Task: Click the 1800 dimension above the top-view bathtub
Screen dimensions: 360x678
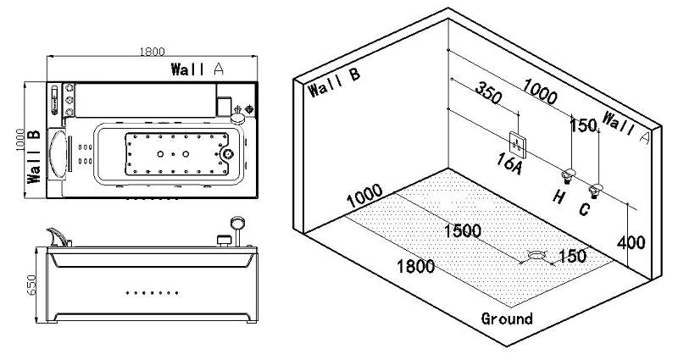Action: pyautogui.click(x=152, y=52)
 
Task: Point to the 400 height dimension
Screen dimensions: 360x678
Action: pyautogui.click(x=632, y=242)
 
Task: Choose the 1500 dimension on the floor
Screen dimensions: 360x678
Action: pyautogui.click(x=463, y=231)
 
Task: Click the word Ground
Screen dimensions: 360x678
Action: pyautogui.click(x=507, y=318)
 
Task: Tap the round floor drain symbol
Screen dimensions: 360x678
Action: pyautogui.click(x=537, y=252)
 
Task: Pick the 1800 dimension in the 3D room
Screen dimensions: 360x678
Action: pyautogui.click(x=416, y=266)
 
